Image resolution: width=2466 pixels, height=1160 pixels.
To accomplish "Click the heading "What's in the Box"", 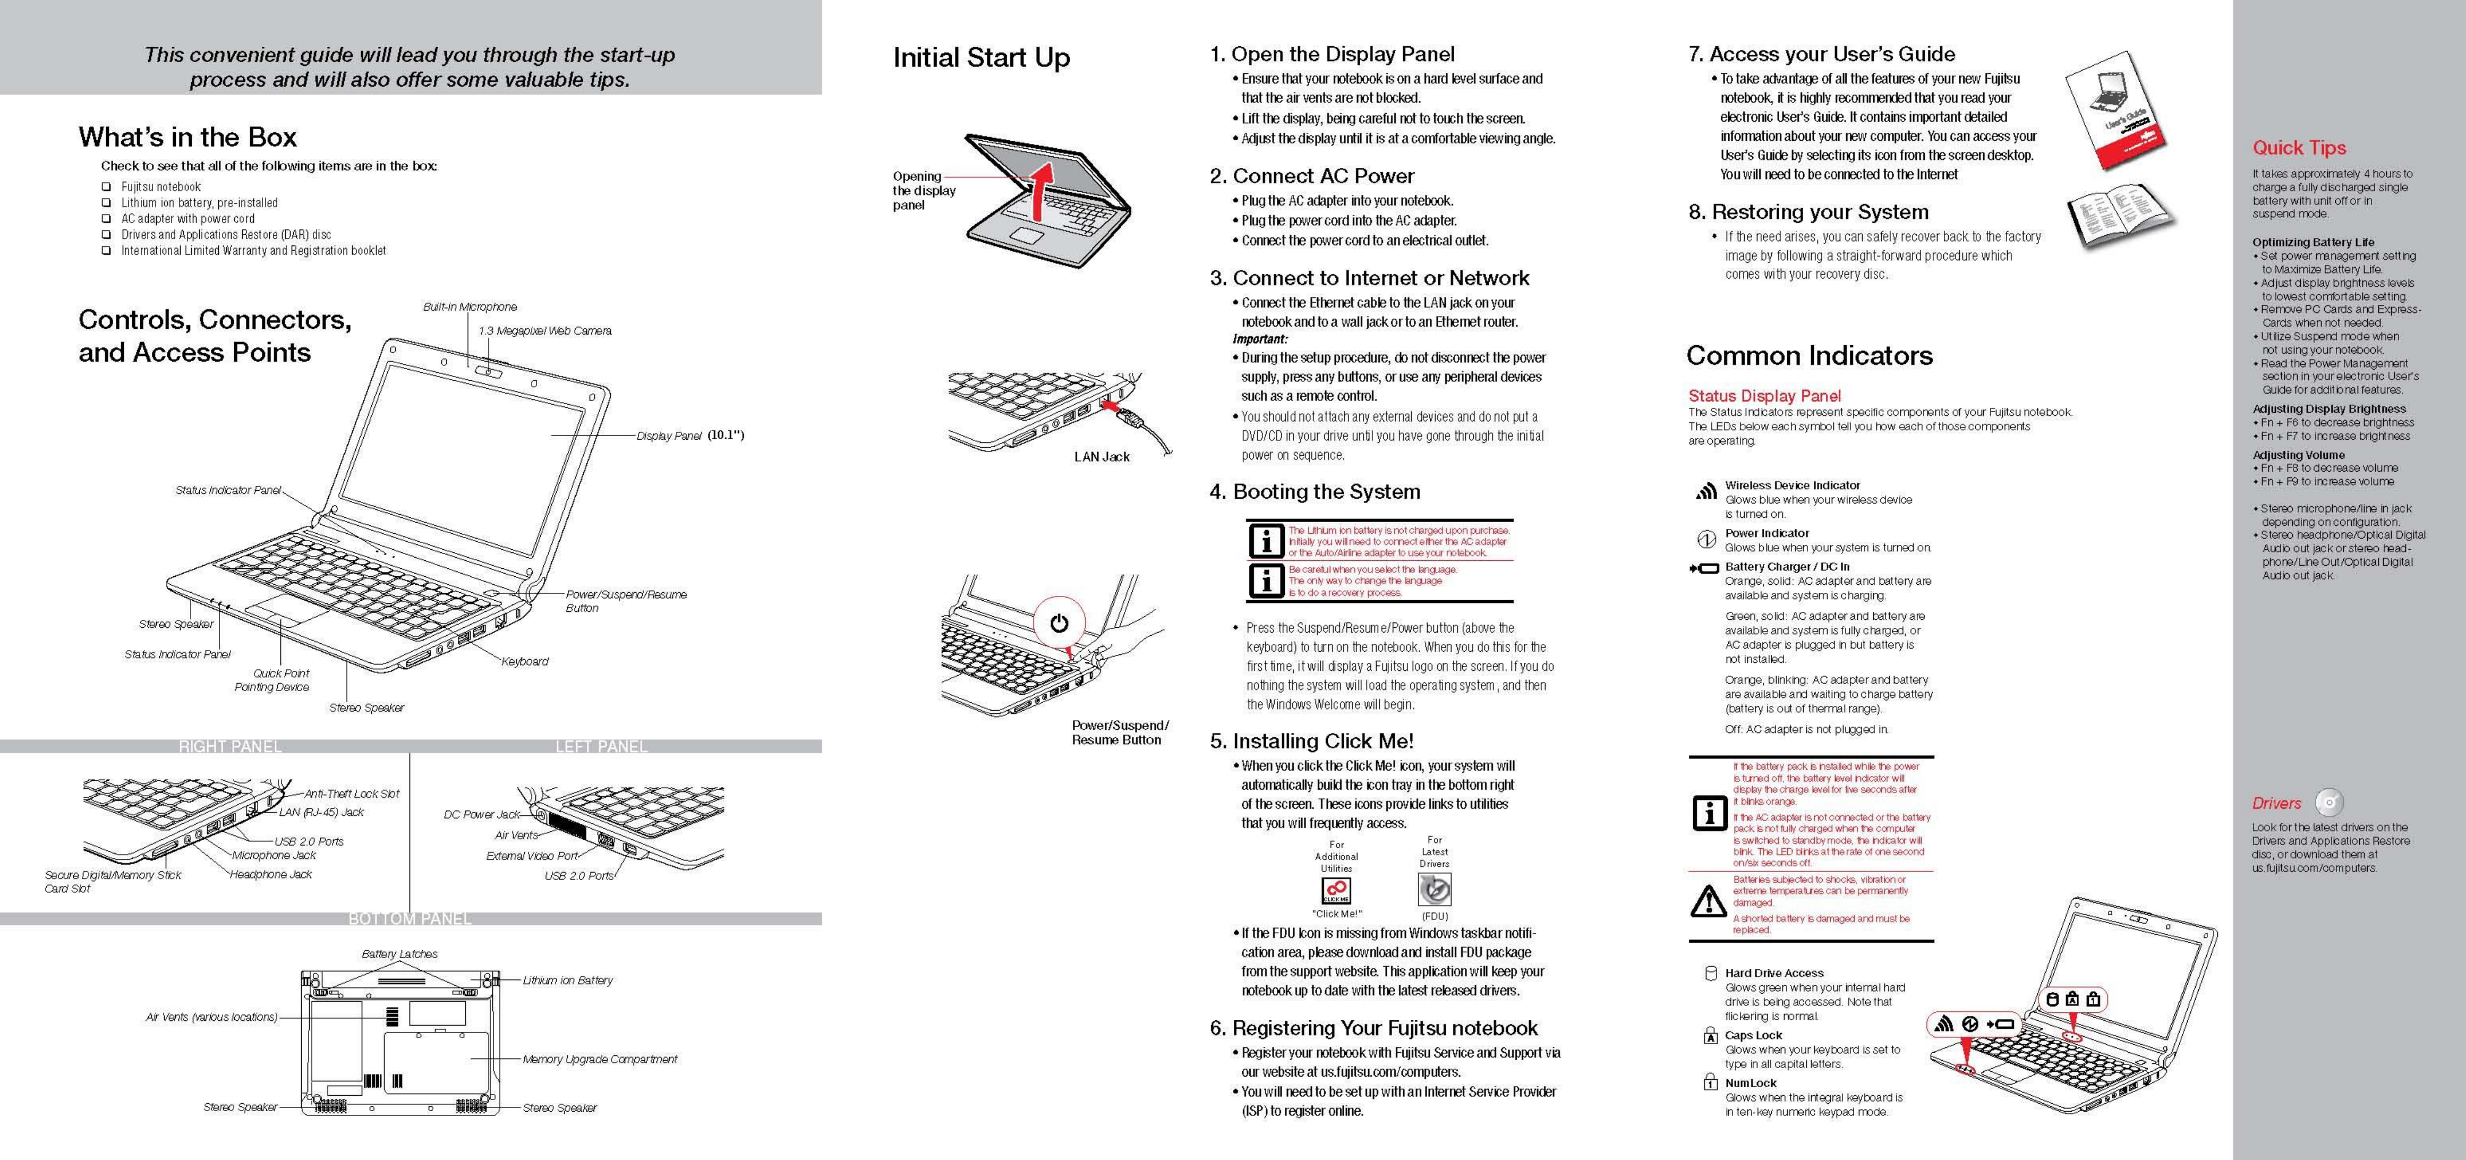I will coord(187,137).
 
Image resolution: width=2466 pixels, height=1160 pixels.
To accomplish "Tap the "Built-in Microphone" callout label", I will coord(470,307).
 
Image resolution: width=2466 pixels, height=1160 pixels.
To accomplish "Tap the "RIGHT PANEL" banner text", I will coord(230,747).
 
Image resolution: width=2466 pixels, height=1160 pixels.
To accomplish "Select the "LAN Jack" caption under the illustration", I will coord(1101,457).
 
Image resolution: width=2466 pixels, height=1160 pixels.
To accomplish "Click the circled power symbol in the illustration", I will coord(1059,624).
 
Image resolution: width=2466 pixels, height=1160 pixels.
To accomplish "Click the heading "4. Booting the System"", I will coord(1315,492).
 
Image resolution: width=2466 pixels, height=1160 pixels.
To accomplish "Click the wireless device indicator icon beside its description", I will coord(1706,492).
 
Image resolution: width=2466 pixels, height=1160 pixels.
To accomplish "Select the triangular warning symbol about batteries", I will coord(1708,901).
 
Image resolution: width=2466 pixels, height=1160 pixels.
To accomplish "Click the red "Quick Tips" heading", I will coord(2299,148).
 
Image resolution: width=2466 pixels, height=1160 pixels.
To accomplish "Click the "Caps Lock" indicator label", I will coord(1753,1036).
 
